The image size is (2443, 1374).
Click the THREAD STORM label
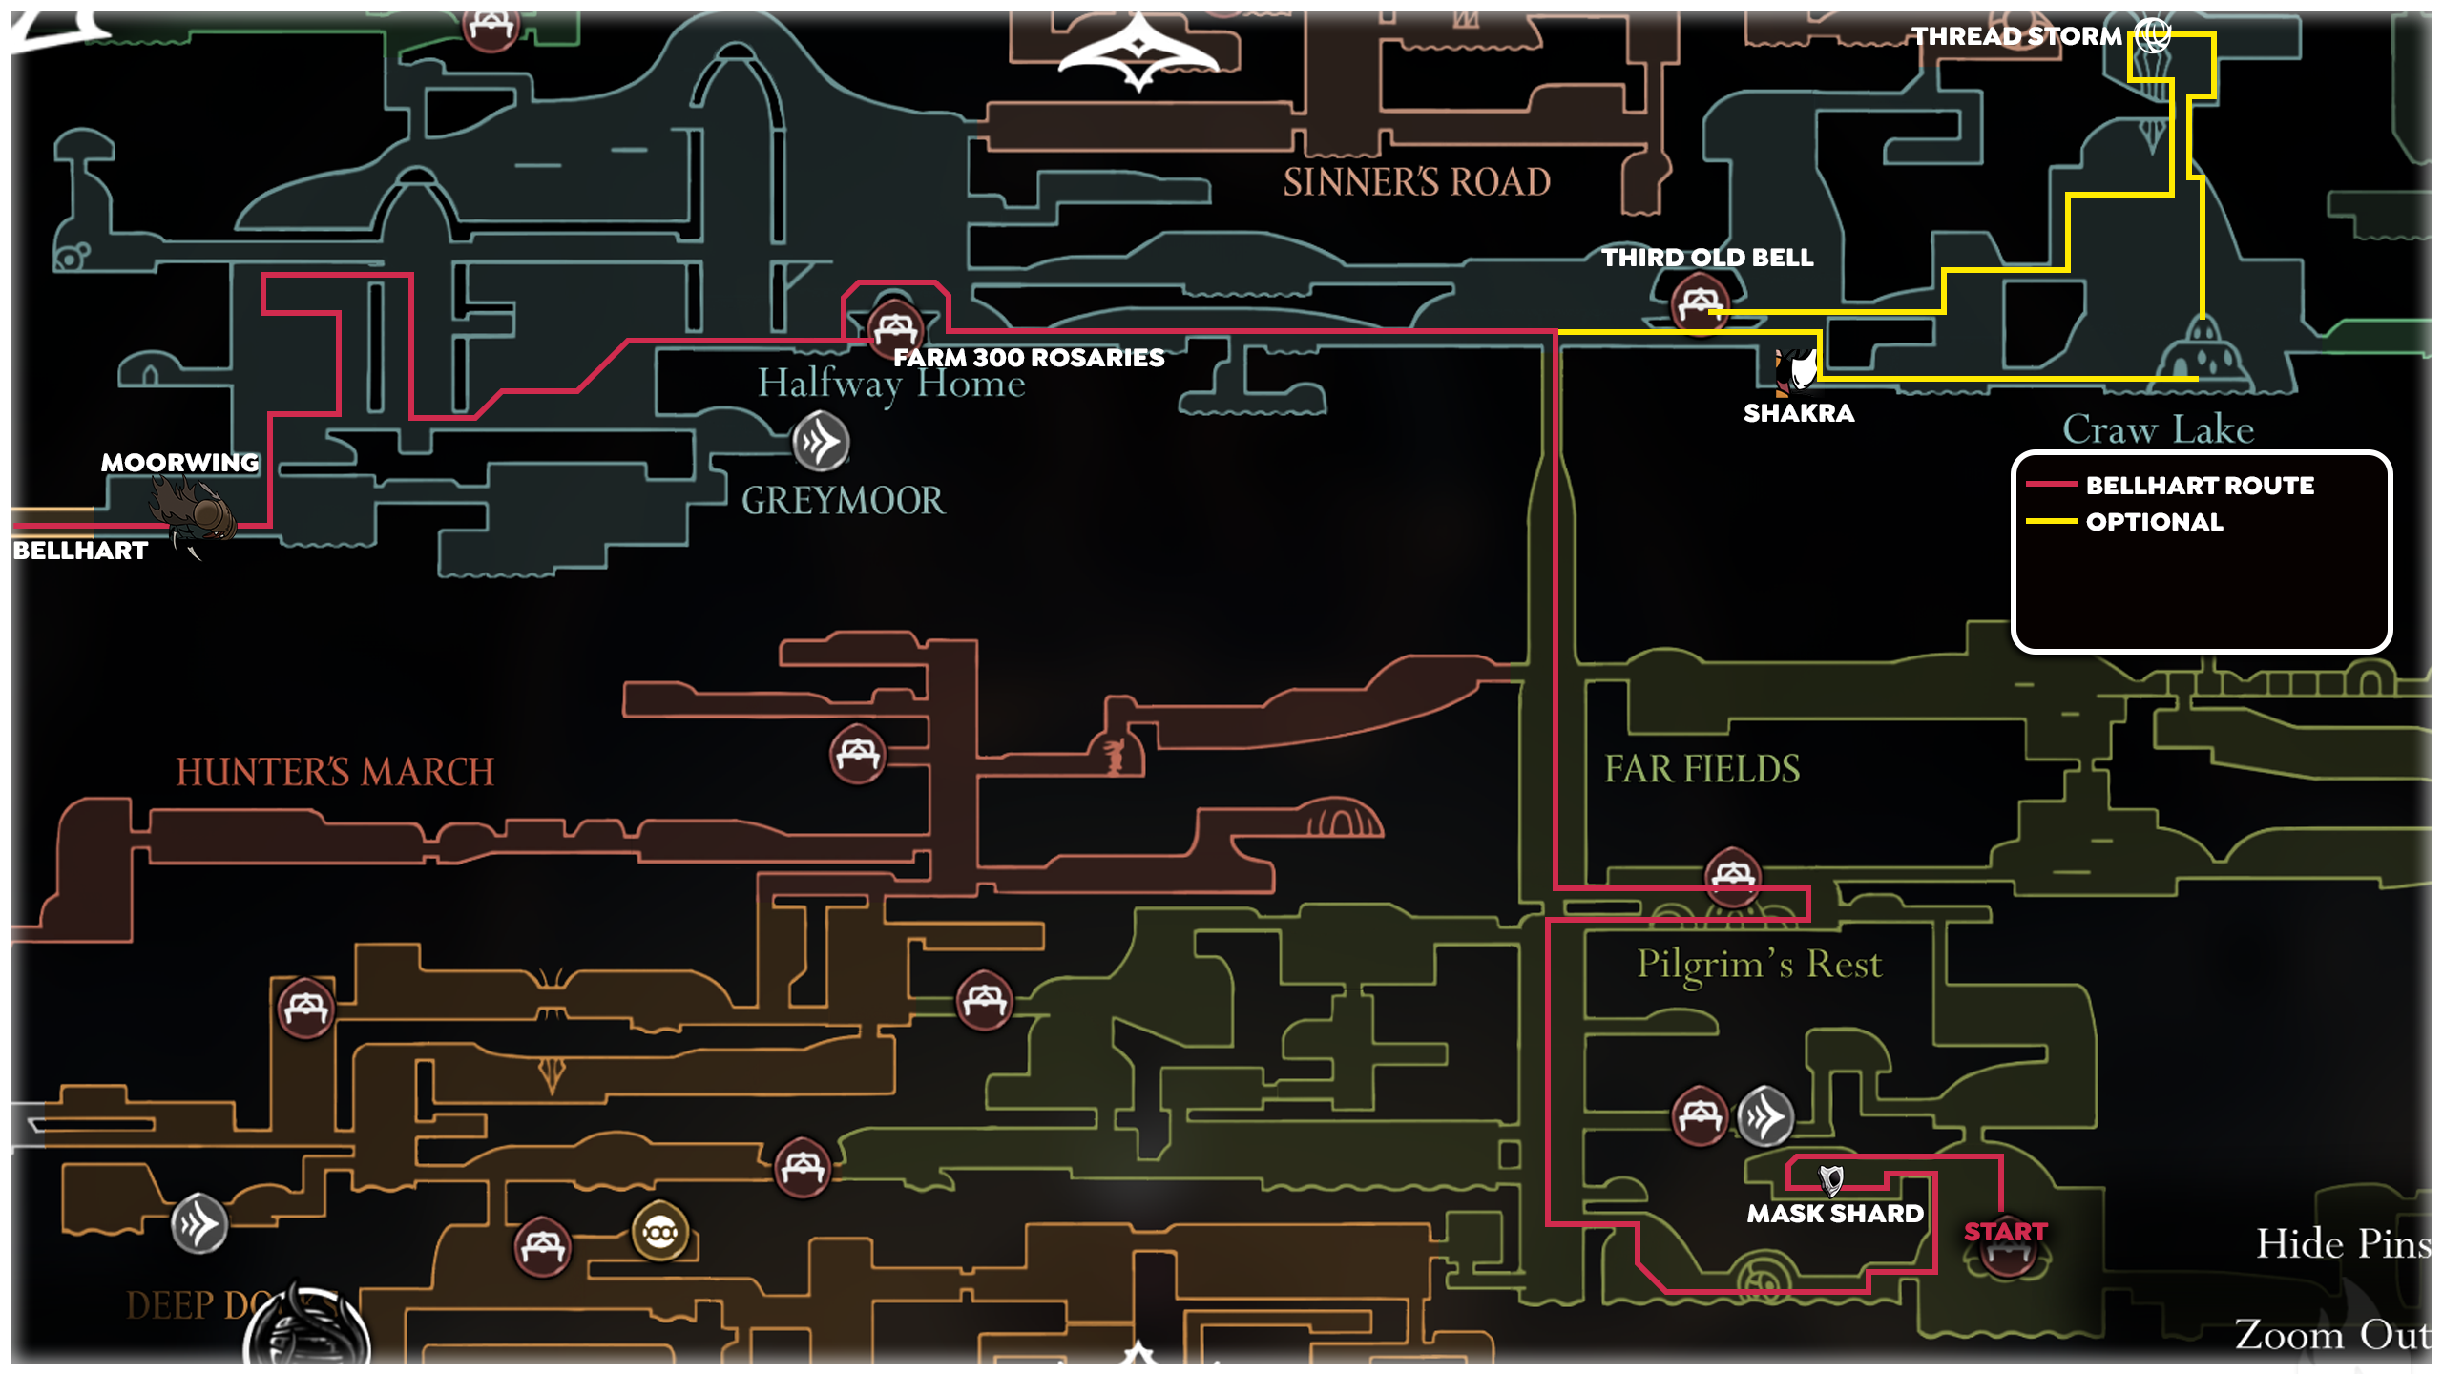tap(2015, 36)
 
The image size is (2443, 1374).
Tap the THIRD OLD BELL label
tap(1707, 258)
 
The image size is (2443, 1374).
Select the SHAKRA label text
tap(1799, 413)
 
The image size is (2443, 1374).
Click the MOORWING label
tap(180, 463)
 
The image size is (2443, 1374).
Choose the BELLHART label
tap(80, 551)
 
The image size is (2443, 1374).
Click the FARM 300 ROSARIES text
tap(1029, 358)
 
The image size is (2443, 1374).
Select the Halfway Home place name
tap(891, 384)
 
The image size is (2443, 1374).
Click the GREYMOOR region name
tap(844, 501)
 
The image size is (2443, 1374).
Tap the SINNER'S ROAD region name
tap(1416, 182)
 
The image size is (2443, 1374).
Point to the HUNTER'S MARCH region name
tap(335, 772)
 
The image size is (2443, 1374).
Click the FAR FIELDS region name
tap(1702, 769)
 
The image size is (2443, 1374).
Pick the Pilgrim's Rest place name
tap(1760, 964)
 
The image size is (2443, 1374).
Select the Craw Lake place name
tap(2159, 429)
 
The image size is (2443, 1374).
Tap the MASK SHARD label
tap(1835, 1214)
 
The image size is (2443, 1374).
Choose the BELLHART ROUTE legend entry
tap(2200, 486)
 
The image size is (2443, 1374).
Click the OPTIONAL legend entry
tap(2155, 522)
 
